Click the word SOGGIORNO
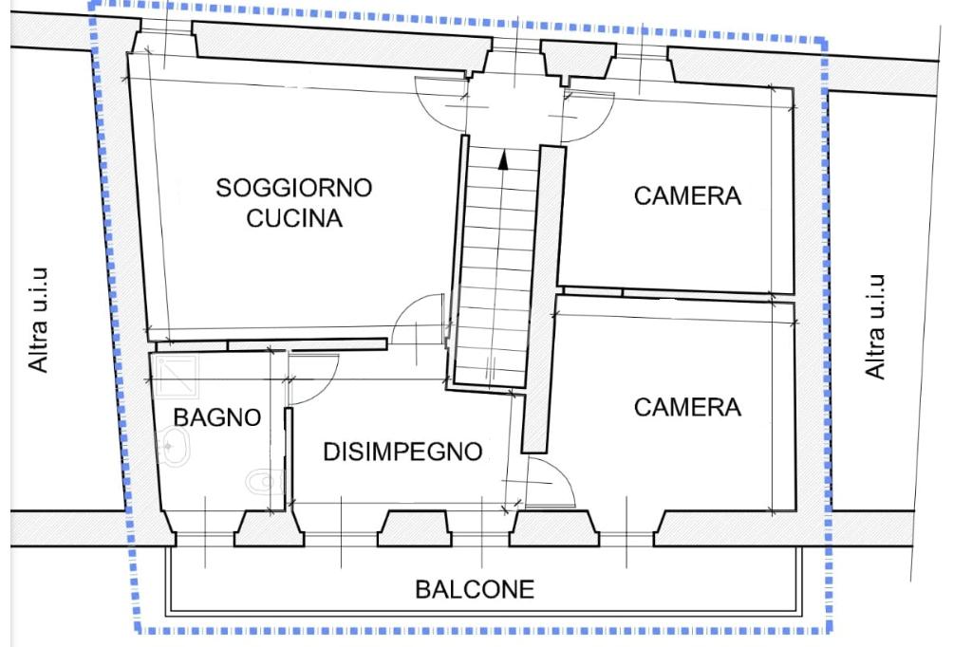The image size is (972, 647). (293, 187)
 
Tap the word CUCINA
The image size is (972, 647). (293, 218)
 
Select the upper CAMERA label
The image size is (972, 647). (687, 196)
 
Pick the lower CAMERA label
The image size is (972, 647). (687, 407)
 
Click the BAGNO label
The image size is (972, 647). (217, 416)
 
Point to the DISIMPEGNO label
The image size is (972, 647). (403, 452)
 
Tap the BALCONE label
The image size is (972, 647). (475, 589)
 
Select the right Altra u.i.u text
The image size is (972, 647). (875, 327)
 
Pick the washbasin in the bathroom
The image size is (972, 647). (172, 442)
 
